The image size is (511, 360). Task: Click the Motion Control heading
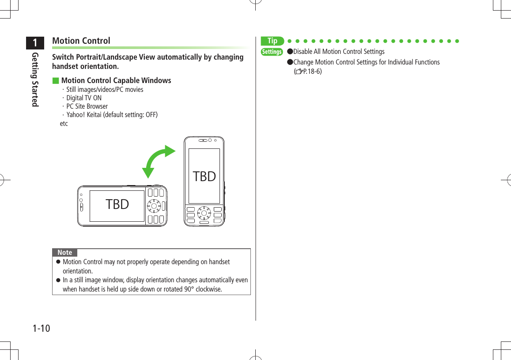click(81, 41)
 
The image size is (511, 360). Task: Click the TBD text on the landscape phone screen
click(117, 205)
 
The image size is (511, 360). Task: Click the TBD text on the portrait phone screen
click(204, 176)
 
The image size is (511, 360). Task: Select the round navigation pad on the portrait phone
click(204, 213)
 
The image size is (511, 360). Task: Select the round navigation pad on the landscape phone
click(154, 206)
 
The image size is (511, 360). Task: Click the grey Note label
click(65, 253)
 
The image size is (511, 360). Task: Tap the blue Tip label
click(272, 41)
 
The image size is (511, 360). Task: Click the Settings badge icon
click(272, 52)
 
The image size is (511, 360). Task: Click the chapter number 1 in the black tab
click(34, 43)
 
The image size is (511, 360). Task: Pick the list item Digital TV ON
click(83, 98)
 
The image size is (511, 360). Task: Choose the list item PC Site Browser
click(87, 106)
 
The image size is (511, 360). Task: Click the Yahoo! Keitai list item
click(112, 115)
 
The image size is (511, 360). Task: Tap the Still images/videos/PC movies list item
click(104, 90)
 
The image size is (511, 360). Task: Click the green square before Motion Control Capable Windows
click(55, 81)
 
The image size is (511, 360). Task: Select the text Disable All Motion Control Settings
click(339, 52)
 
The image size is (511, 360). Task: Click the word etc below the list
click(64, 124)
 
